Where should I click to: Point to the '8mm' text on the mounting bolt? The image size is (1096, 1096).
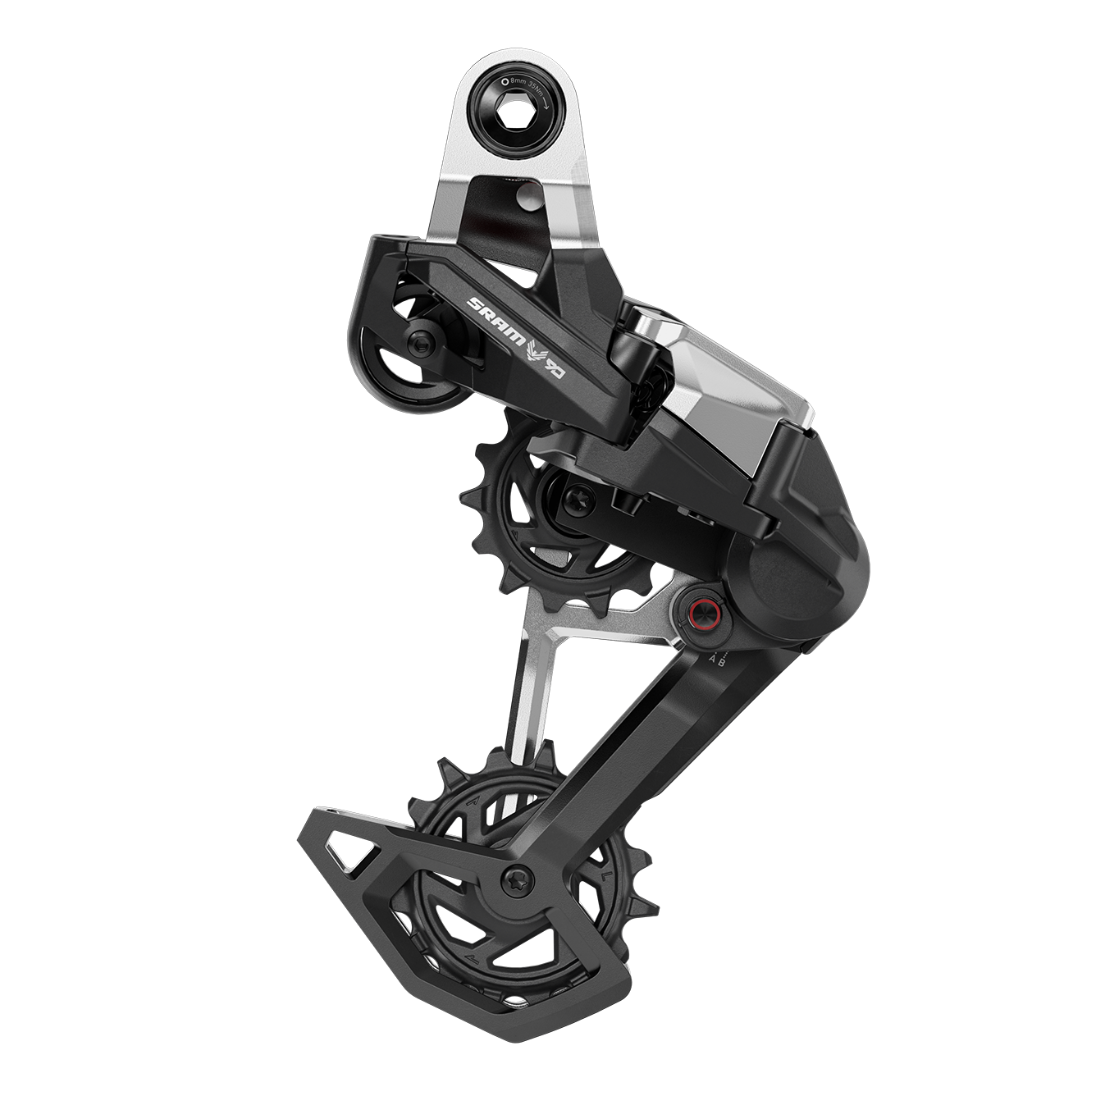coord(519,82)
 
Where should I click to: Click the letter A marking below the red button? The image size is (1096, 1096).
coord(699,655)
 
